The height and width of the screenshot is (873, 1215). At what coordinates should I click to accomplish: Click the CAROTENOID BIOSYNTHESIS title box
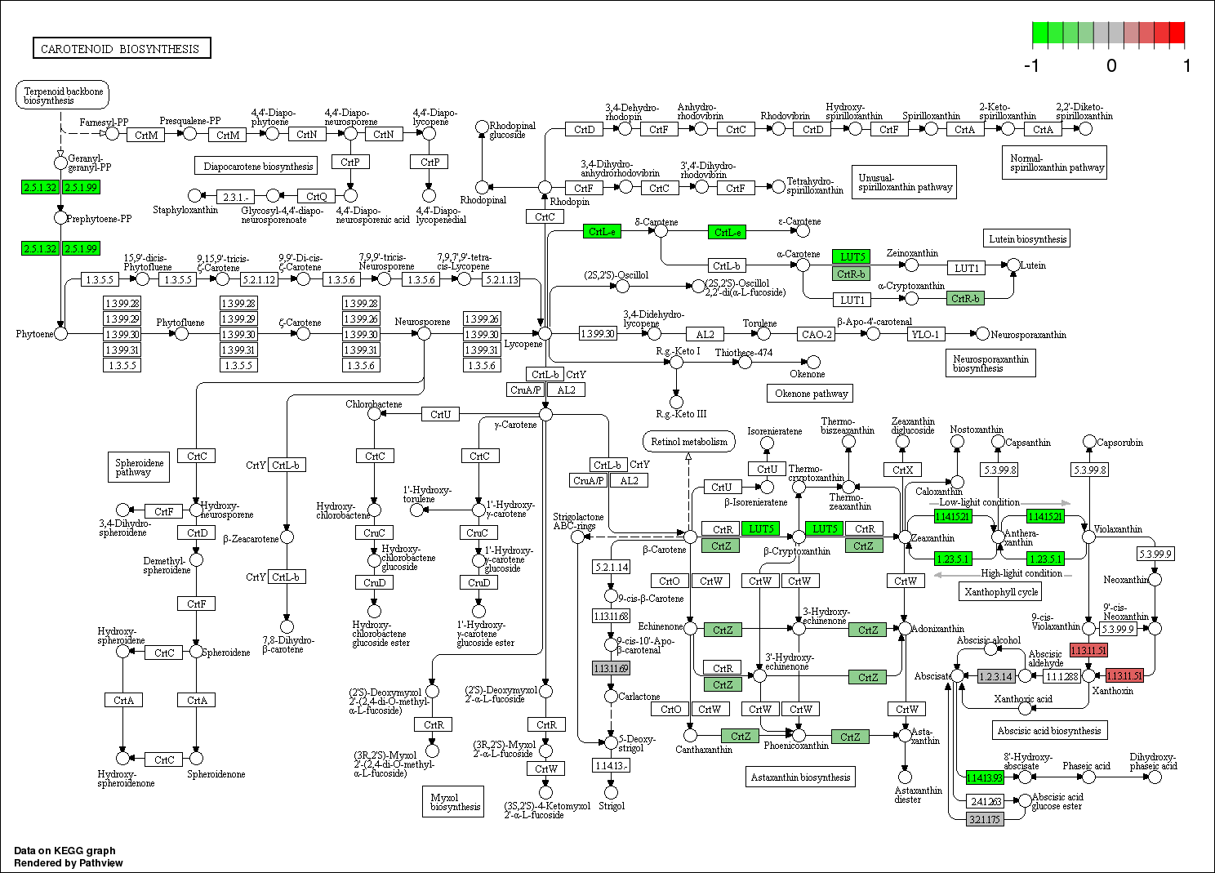click(x=121, y=48)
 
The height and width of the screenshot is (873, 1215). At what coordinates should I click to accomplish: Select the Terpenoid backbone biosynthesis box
click(x=62, y=96)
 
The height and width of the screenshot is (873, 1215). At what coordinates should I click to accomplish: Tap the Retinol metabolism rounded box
click(x=689, y=442)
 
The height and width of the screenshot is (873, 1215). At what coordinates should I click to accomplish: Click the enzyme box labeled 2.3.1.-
click(x=236, y=196)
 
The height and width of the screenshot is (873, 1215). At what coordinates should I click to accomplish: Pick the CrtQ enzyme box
click(x=316, y=196)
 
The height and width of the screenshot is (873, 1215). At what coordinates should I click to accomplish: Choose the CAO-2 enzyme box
click(x=817, y=334)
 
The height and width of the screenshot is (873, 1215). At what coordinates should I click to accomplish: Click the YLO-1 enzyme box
click(x=925, y=334)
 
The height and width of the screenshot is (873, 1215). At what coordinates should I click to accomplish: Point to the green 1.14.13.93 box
click(x=984, y=777)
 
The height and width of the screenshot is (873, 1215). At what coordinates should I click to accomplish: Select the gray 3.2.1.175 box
click(x=984, y=819)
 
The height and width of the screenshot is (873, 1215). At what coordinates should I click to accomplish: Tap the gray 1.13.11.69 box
click(x=611, y=668)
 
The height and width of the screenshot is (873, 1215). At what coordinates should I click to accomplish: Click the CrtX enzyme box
click(x=902, y=470)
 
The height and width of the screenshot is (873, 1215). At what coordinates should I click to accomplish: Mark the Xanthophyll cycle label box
click(x=1001, y=592)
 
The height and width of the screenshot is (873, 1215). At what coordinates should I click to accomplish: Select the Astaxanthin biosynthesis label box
click(x=800, y=777)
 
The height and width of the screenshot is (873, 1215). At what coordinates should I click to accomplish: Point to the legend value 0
click(x=1110, y=66)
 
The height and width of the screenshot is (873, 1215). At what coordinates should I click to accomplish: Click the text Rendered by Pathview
click(x=69, y=862)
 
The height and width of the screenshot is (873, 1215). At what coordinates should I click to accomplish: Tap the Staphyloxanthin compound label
click(x=185, y=210)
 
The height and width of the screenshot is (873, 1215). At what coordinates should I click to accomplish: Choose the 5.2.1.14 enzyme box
click(x=611, y=567)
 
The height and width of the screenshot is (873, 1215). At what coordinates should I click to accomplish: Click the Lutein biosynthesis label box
click(x=1027, y=239)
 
